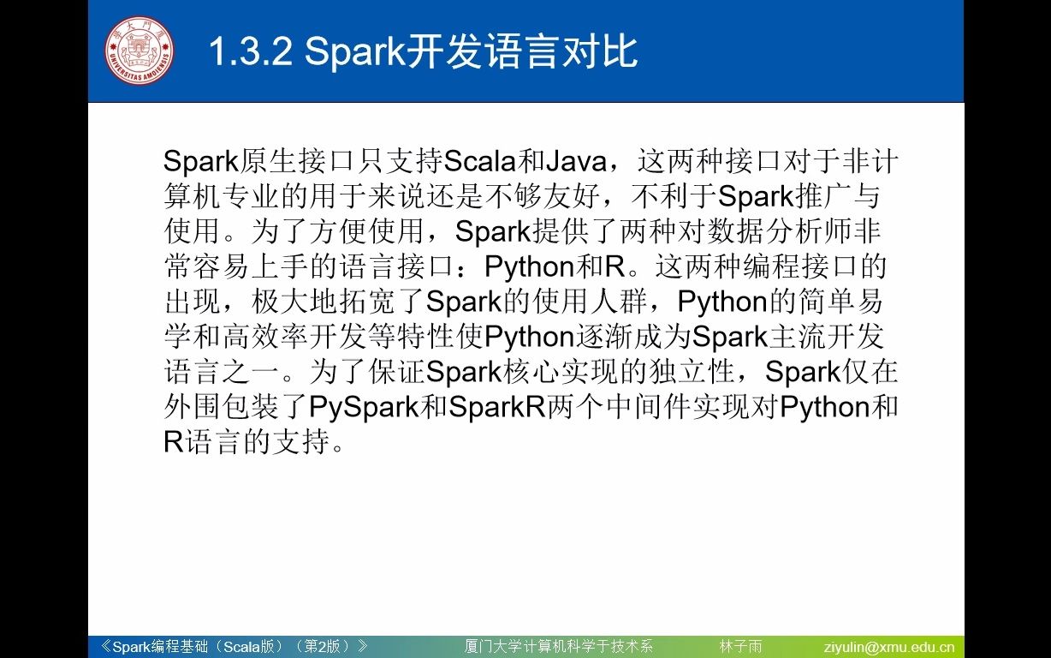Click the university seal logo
coord(139,51)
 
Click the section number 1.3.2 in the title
coord(252,52)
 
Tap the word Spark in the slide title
coord(353,52)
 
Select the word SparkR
coord(496,407)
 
